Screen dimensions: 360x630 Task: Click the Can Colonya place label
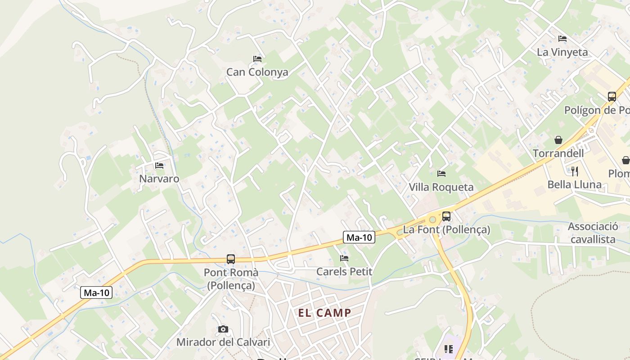[x=257, y=72]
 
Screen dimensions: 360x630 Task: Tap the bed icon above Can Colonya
[x=257, y=58]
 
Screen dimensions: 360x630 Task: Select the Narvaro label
[x=159, y=179]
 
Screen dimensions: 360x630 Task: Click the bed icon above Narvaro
[x=159, y=166]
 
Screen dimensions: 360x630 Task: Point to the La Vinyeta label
[x=562, y=52]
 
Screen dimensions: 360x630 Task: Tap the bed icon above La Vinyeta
[x=562, y=39]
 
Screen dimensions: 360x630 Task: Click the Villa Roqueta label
[x=441, y=187]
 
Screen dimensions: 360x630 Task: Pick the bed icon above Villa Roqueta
[x=441, y=173]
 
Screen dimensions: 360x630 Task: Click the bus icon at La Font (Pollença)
[x=446, y=216]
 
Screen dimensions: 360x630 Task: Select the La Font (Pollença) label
[x=446, y=229]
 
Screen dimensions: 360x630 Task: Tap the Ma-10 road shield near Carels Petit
[x=359, y=237]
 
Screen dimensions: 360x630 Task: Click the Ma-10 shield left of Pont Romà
[x=96, y=292]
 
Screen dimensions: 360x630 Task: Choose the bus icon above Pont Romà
[x=231, y=259]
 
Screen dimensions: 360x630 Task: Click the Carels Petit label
[x=344, y=271]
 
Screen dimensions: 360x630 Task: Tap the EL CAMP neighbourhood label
[x=324, y=313]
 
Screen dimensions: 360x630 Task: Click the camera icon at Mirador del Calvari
[x=223, y=329]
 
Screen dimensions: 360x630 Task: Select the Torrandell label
[x=558, y=153]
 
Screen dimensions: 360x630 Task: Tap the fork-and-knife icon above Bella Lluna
[x=574, y=171]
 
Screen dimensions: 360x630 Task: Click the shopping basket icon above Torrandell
[x=558, y=140]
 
